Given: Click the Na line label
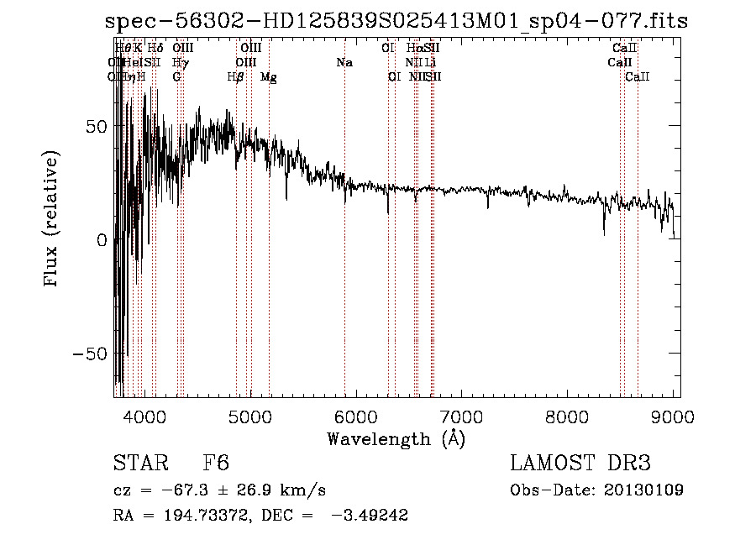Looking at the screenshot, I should click(344, 63).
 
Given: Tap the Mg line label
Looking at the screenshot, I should click(269, 77).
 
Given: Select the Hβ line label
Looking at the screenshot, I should click(236, 77).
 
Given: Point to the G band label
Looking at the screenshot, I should click(176, 77).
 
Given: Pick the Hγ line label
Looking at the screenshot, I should click(181, 63).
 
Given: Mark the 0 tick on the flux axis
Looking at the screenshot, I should click(102, 239).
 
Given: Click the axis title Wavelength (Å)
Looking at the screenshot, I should click(396, 438).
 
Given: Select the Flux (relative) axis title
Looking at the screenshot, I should click(52, 220).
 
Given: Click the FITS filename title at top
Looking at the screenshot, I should click(396, 21).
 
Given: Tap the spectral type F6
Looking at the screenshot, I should click(216, 464).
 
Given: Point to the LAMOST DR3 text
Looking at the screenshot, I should click(580, 464).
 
